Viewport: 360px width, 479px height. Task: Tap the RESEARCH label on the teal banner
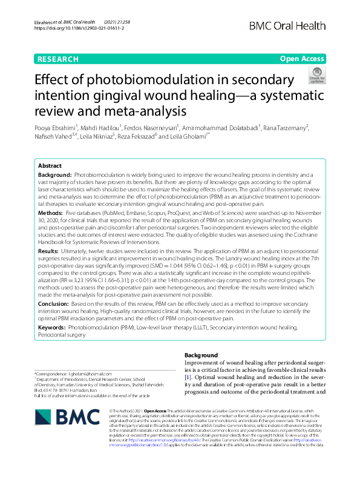pyautogui.click(x=57, y=59)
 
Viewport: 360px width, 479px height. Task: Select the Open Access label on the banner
pyautogui.click(x=302, y=59)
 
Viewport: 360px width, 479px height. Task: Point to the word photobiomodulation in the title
pyautogui.click(x=170, y=81)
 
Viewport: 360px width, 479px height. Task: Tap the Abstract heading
pyautogui.click(x=50, y=165)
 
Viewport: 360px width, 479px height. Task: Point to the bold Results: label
pyautogui.click(x=48, y=250)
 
